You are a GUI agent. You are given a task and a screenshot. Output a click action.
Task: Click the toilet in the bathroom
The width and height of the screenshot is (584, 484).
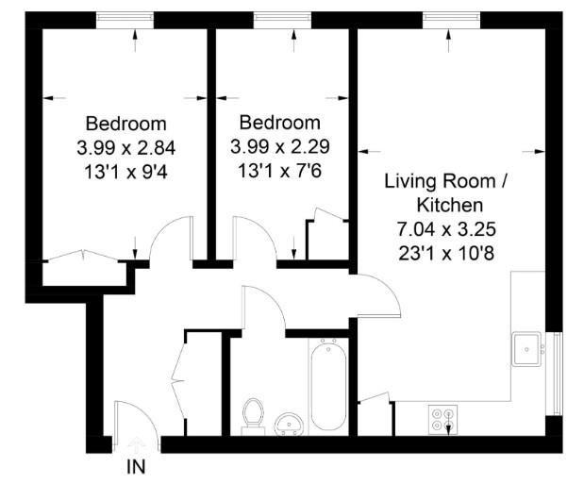pyautogui.click(x=252, y=414)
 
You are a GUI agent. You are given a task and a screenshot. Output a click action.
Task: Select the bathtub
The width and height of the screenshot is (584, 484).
pyautogui.click(x=327, y=387)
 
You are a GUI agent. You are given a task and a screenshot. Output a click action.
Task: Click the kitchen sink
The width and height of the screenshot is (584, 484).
pyautogui.click(x=526, y=348)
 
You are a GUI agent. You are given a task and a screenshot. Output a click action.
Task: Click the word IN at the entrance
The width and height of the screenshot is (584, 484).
pyautogui.click(x=136, y=465)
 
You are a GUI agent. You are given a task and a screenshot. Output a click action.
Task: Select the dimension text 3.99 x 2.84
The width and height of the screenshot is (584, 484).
pyautogui.click(x=126, y=147)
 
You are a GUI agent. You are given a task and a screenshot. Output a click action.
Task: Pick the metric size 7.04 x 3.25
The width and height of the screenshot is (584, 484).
pyautogui.click(x=447, y=228)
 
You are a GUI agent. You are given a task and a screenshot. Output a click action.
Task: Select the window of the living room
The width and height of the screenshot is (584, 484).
pyautogui.click(x=448, y=19)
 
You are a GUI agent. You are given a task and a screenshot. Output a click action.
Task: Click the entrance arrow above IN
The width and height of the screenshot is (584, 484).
pyautogui.click(x=136, y=442)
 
